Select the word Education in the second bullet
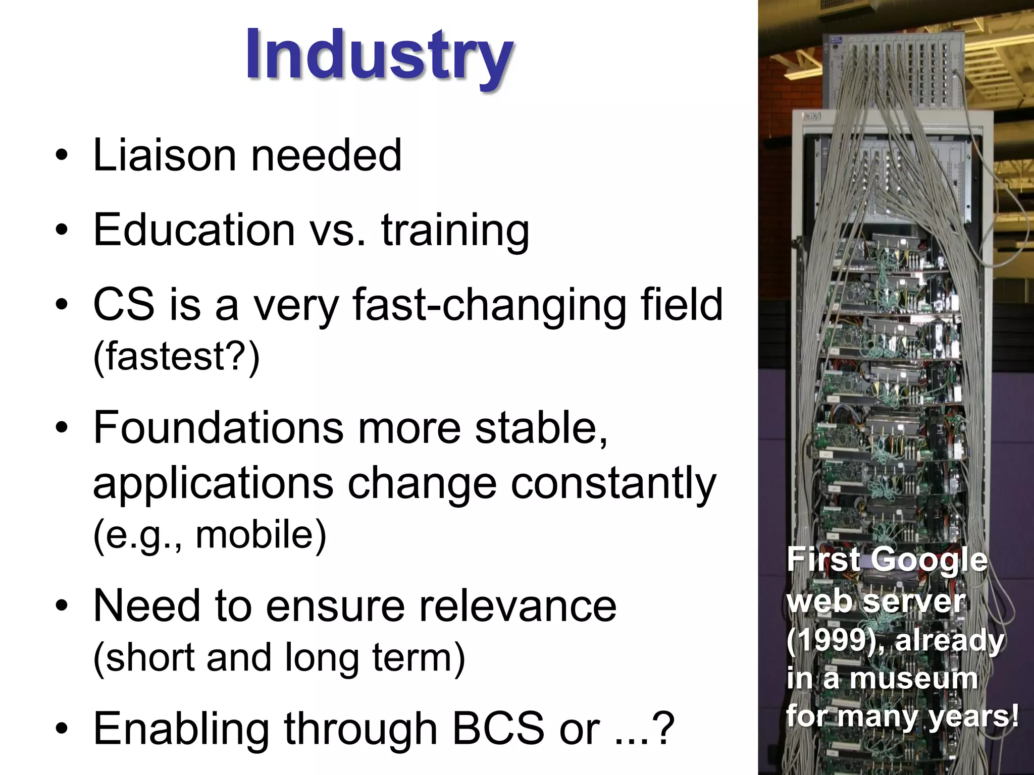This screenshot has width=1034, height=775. pyautogui.click(x=194, y=230)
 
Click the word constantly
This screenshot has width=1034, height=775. pyautogui.click(x=613, y=483)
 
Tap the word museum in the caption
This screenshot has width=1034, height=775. pyautogui.click(x=914, y=679)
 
